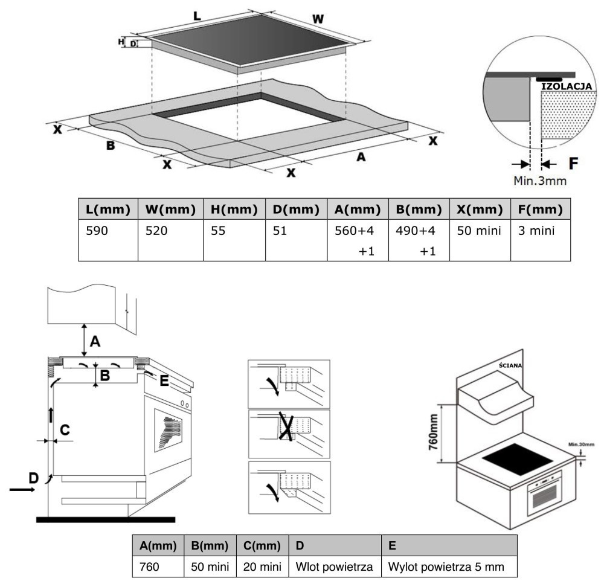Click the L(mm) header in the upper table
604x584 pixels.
tap(108, 209)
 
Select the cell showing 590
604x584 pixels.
tap(108, 240)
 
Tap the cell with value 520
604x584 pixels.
tap(171, 240)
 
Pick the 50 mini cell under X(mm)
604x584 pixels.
tap(480, 240)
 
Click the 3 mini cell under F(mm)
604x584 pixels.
tap(541, 240)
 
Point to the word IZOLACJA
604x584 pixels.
tap(567, 86)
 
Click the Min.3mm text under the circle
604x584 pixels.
tap(540, 181)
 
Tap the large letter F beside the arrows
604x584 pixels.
tap(574, 163)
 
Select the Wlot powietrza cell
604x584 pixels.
tap(335, 566)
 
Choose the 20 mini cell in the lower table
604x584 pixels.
tap(262, 566)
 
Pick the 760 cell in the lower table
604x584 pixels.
tap(158, 566)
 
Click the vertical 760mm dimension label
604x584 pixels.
tap(433, 432)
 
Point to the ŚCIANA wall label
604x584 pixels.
tap(510, 365)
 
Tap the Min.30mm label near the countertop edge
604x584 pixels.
tap(582, 444)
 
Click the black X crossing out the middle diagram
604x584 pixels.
tap(286, 426)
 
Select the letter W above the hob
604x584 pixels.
tap(318, 19)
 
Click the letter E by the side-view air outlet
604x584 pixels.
tap(164, 380)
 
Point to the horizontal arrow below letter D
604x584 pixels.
tap(22, 490)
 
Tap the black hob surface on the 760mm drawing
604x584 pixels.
tap(518, 460)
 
